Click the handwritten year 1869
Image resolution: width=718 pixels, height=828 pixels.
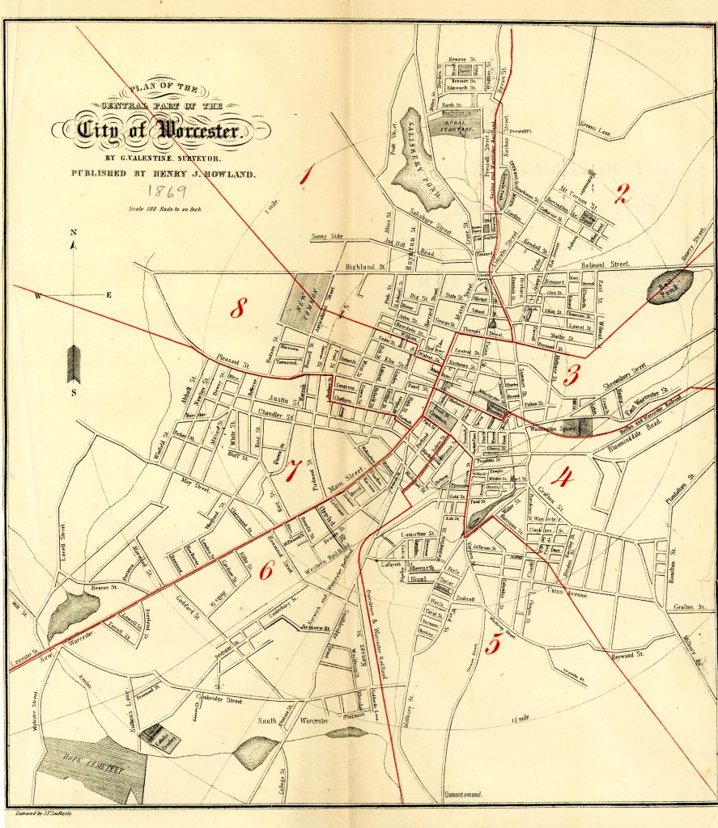click(168, 192)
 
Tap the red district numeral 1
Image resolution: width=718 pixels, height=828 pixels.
click(305, 175)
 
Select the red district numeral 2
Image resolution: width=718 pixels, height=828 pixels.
click(622, 193)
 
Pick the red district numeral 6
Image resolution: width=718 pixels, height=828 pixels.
click(266, 571)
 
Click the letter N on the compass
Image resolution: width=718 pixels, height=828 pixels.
click(73, 233)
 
